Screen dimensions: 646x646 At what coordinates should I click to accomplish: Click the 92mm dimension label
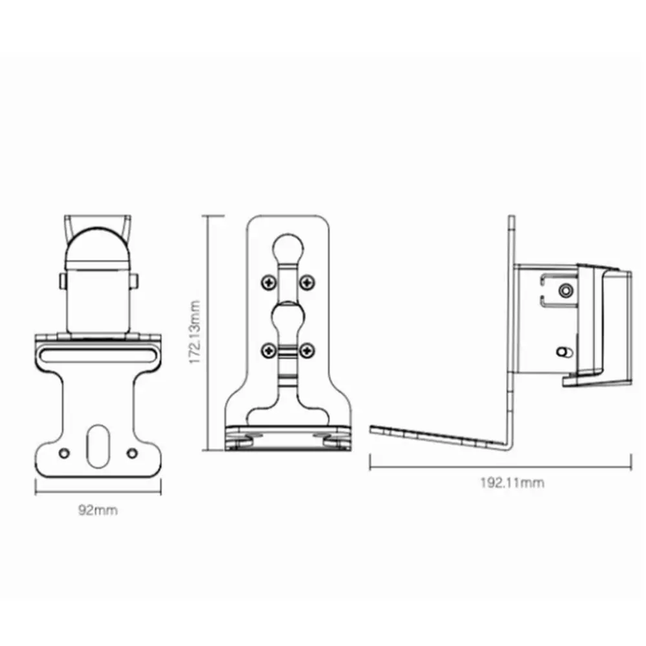[98, 510]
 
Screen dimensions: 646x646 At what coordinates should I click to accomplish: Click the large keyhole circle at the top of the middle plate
[287, 244]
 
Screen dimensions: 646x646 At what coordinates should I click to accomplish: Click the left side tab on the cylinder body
[61, 281]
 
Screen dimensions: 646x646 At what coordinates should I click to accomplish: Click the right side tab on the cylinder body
[135, 281]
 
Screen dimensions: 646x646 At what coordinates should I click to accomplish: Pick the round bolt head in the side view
[566, 288]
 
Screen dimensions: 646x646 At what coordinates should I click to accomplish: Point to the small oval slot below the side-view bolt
[564, 353]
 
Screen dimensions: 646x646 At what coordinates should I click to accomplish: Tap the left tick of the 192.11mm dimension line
[370, 463]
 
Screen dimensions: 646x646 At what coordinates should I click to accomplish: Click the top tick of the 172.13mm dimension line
[212, 215]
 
